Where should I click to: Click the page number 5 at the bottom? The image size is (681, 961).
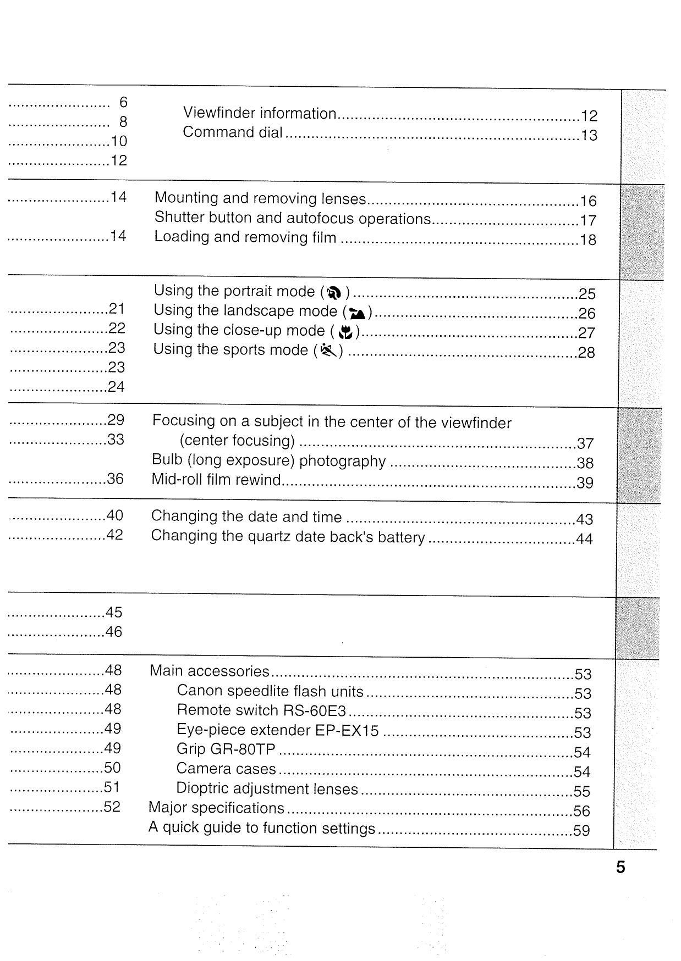coord(620,867)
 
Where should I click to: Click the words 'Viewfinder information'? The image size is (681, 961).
coord(260,113)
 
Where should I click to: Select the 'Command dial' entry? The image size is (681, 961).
coord(233,132)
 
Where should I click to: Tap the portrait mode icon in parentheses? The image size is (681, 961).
coord(334,293)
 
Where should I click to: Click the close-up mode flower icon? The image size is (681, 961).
coord(345,332)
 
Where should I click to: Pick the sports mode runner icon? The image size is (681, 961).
coord(328,350)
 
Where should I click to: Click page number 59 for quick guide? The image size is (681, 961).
coord(581,830)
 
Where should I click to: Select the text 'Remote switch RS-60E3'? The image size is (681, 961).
coord(261,710)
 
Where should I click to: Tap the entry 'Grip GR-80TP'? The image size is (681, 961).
coord(226,749)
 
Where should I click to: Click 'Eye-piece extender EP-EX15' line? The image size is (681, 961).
coord(278,730)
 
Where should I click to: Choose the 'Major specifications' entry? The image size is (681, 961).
coord(216,808)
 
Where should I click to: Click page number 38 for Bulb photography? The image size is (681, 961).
coord(585,463)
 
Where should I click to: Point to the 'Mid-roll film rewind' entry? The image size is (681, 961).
coord(216,480)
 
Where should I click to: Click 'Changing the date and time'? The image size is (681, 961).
coord(246,517)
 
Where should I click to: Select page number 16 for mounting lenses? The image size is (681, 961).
coord(588,201)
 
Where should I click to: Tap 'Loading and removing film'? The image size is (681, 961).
coord(245,237)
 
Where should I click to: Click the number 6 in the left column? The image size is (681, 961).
coord(123,102)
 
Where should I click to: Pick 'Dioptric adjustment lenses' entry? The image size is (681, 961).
coord(267,789)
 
